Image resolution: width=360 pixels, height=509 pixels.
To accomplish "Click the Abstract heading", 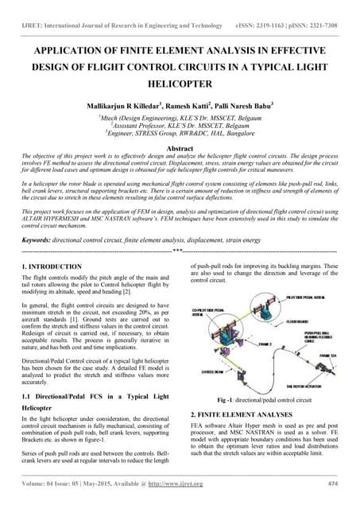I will click(x=180, y=148).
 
